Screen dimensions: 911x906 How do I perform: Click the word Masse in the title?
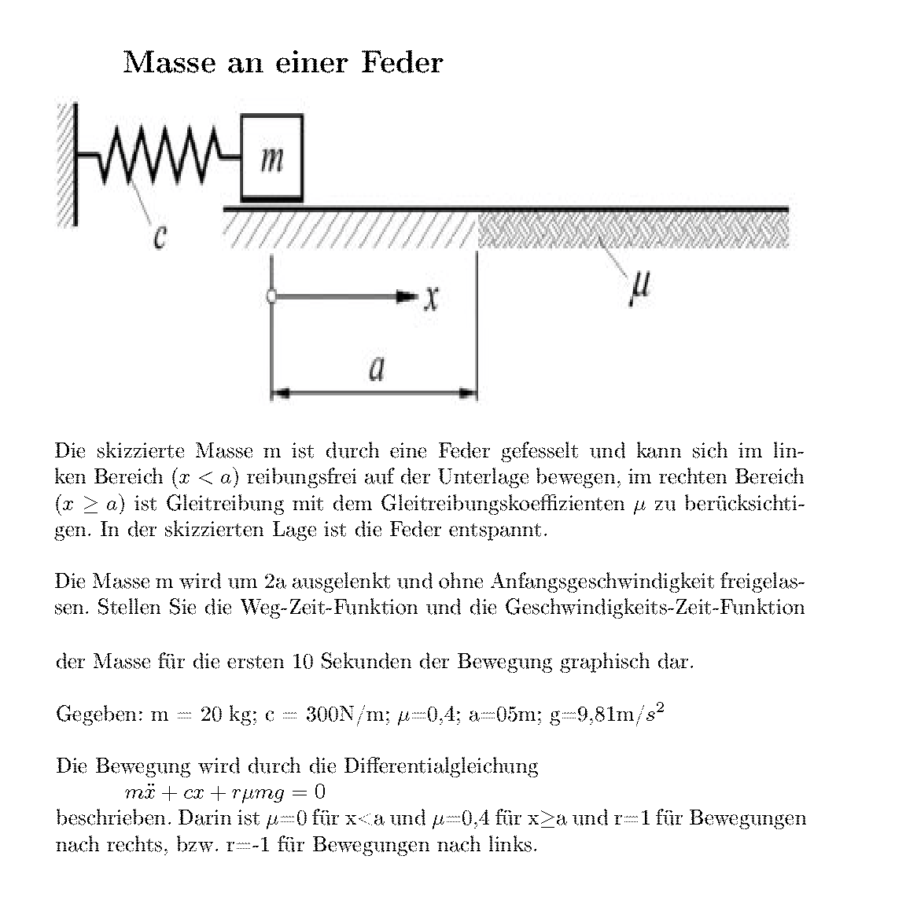pos(169,62)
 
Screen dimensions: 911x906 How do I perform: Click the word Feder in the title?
pos(402,62)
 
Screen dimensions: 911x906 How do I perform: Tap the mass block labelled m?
pos(271,157)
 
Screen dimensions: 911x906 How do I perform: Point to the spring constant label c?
pos(160,234)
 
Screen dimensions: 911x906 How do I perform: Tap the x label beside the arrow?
pos(431,298)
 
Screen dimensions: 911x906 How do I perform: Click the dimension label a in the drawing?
pos(377,367)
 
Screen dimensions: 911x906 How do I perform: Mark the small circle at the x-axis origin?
pos(271,297)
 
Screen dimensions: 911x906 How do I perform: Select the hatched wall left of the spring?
pos(66,165)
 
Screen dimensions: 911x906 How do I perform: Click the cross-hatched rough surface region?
pos(633,230)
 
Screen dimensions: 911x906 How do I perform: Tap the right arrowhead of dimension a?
pos(470,391)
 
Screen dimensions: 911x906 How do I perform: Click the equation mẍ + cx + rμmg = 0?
pos(225,792)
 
